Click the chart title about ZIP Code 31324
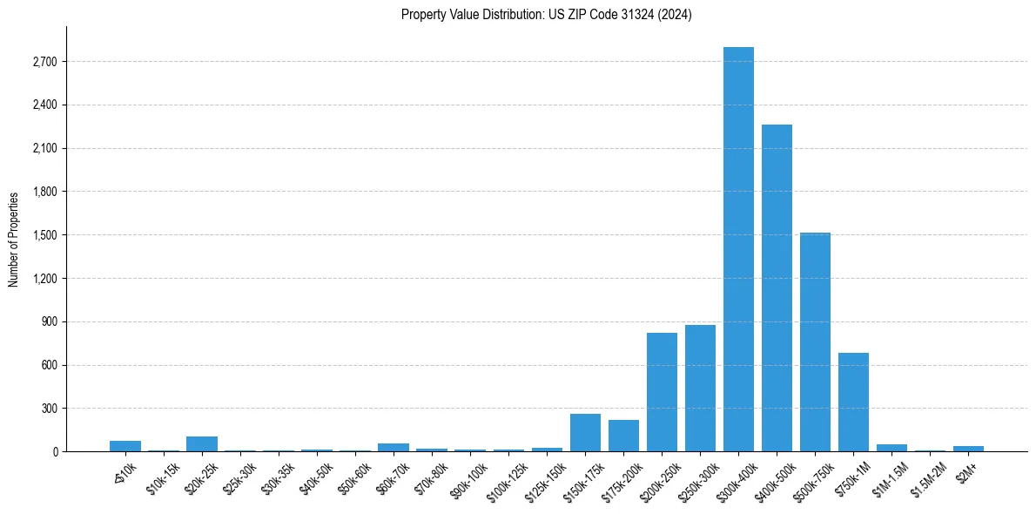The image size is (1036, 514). pyautogui.click(x=546, y=15)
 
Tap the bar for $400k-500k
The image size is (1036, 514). pyautogui.click(x=777, y=287)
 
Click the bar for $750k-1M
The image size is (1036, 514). pyautogui.click(x=853, y=402)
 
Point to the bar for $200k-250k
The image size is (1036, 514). pyautogui.click(x=662, y=392)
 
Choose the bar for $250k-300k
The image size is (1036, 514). pyautogui.click(x=700, y=388)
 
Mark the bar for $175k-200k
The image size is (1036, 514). pyautogui.click(x=623, y=436)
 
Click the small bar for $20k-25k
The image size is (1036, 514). pyautogui.click(x=202, y=443)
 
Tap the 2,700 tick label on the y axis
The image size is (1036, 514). pyautogui.click(x=44, y=62)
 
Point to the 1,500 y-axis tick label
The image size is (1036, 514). pyautogui.click(x=44, y=235)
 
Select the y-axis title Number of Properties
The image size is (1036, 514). pyautogui.click(x=14, y=239)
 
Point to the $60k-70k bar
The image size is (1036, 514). pyautogui.click(x=394, y=447)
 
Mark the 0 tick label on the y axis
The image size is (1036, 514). pyautogui.click(x=55, y=452)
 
